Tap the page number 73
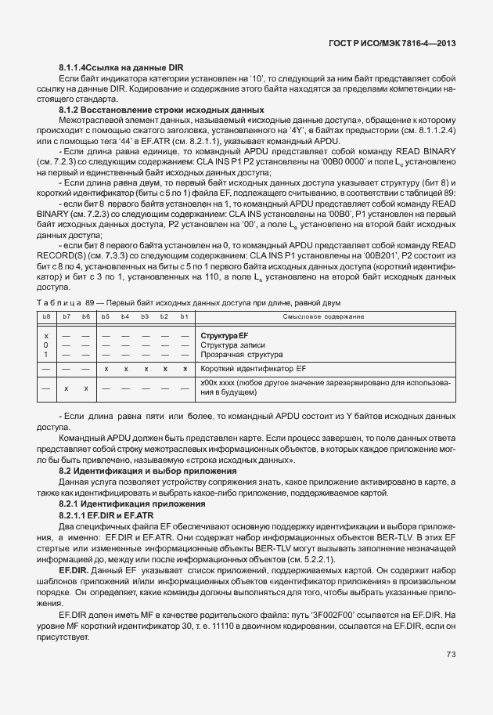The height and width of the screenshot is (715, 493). (451, 655)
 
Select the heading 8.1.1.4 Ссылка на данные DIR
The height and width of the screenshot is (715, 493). (121, 69)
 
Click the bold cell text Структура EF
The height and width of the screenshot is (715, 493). (225, 335)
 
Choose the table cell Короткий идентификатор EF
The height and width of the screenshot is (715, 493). (252, 367)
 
